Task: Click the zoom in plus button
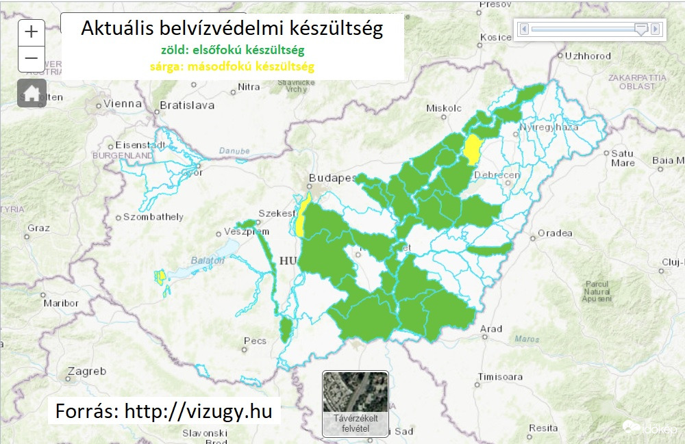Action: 32,32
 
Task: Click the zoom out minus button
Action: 32,58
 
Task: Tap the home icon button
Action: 32,93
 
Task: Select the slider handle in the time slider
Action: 640,29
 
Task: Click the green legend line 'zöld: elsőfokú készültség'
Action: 233,51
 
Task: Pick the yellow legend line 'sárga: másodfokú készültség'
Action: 232,67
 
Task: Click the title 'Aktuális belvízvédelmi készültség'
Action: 232,29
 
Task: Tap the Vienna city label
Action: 121,105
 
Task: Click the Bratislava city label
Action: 186,105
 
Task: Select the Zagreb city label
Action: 86,371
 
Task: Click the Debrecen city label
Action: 497,175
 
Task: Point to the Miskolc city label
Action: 444,108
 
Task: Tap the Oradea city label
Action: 555,233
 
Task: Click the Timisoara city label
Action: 501,377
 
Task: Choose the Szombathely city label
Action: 153,217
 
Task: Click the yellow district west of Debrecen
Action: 471,149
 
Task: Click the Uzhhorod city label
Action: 588,55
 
